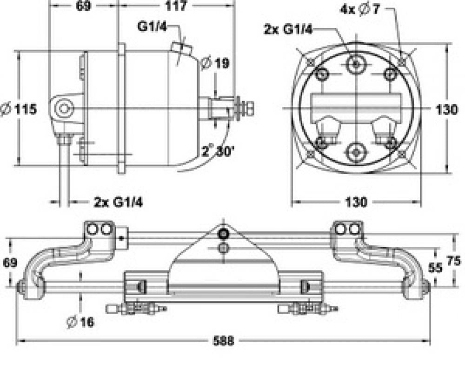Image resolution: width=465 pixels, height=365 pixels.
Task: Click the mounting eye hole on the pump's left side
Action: pos(64,108)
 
